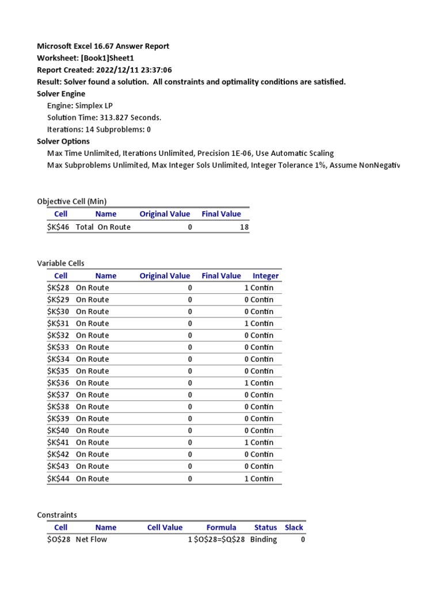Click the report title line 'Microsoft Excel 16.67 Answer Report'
[103, 46]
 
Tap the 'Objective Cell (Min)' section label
[72, 201]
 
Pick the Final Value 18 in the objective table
[244, 227]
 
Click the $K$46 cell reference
[58, 227]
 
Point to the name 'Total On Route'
[103, 227]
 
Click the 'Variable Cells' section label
[60, 263]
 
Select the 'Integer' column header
[265, 276]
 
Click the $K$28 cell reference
[58, 288]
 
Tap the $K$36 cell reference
[58, 383]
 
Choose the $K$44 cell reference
[58, 479]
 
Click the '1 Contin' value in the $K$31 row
[258, 324]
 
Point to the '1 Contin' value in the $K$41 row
[258, 443]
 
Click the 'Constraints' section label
[57, 515]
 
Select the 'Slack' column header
[294, 527]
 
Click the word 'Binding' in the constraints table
[264, 540]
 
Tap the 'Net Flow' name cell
[92, 540]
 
